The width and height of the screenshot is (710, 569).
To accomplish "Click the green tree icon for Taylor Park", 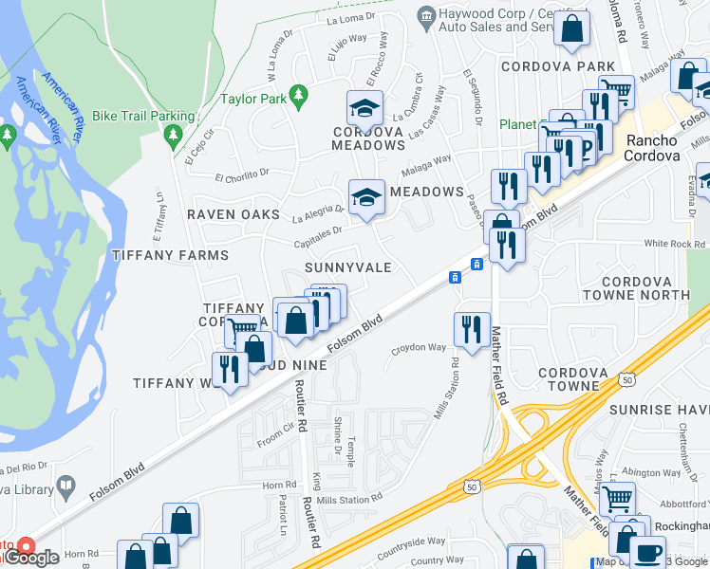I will click(299, 96).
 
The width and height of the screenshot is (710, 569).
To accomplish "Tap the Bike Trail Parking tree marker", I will click(172, 137).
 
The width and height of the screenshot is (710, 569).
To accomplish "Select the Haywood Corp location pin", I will click(426, 15).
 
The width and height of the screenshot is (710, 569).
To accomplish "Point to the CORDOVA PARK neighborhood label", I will click(558, 67).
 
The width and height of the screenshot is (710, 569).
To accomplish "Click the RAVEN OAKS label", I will click(234, 214).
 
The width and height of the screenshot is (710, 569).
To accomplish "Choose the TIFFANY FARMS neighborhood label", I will click(170, 255).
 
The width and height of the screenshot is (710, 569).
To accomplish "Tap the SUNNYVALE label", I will click(348, 267).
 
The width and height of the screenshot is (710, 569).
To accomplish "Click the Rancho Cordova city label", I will click(652, 148).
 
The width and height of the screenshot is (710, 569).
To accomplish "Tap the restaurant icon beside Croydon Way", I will click(472, 328).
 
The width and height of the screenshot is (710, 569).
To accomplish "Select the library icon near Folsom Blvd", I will click(65, 486).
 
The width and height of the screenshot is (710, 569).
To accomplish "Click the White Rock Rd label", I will click(669, 244).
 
